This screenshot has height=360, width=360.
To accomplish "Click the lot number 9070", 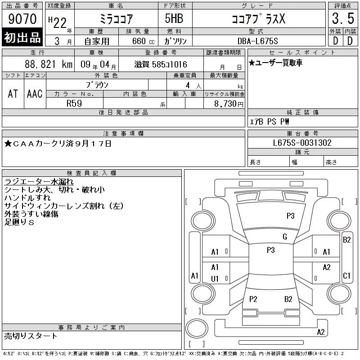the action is tap(22, 18).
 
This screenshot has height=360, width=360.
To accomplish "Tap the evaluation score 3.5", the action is tap(343, 18).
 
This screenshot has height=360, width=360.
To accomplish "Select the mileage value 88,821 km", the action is tap(49, 64).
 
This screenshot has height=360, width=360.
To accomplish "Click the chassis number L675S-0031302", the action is tap(302, 143).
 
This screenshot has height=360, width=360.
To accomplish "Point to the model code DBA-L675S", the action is tap(257, 41).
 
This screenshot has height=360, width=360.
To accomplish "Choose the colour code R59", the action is tap(74, 103).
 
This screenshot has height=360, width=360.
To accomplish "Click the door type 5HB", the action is tap(174, 18).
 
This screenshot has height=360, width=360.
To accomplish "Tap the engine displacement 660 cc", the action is tap(143, 41).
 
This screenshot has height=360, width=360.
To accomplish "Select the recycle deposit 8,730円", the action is tap(229, 104).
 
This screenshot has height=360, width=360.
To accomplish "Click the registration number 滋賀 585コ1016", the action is tap(161, 64).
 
